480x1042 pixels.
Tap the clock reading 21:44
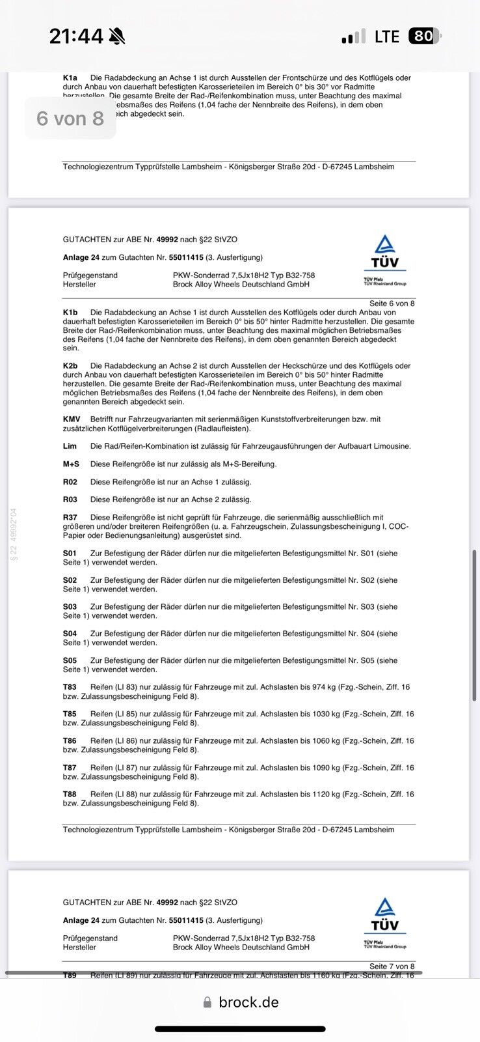(76, 36)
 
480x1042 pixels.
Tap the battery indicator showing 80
(424, 36)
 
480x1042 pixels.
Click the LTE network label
(387, 36)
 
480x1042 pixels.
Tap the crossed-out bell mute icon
(118, 36)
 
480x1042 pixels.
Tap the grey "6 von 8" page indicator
(70, 119)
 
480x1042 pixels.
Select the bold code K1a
(70, 78)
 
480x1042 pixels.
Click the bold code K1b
(70, 313)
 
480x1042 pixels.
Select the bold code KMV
(72, 419)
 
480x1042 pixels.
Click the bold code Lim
(70, 446)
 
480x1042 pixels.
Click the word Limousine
(391, 446)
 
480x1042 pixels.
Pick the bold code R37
(70, 518)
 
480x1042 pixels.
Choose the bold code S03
(70, 607)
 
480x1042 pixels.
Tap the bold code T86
(70, 741)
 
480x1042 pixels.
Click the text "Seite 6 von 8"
(392, 303)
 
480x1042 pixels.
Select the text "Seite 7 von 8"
(392, 966)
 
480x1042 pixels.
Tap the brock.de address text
(248, 1002)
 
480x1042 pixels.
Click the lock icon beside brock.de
(207, 1003)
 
